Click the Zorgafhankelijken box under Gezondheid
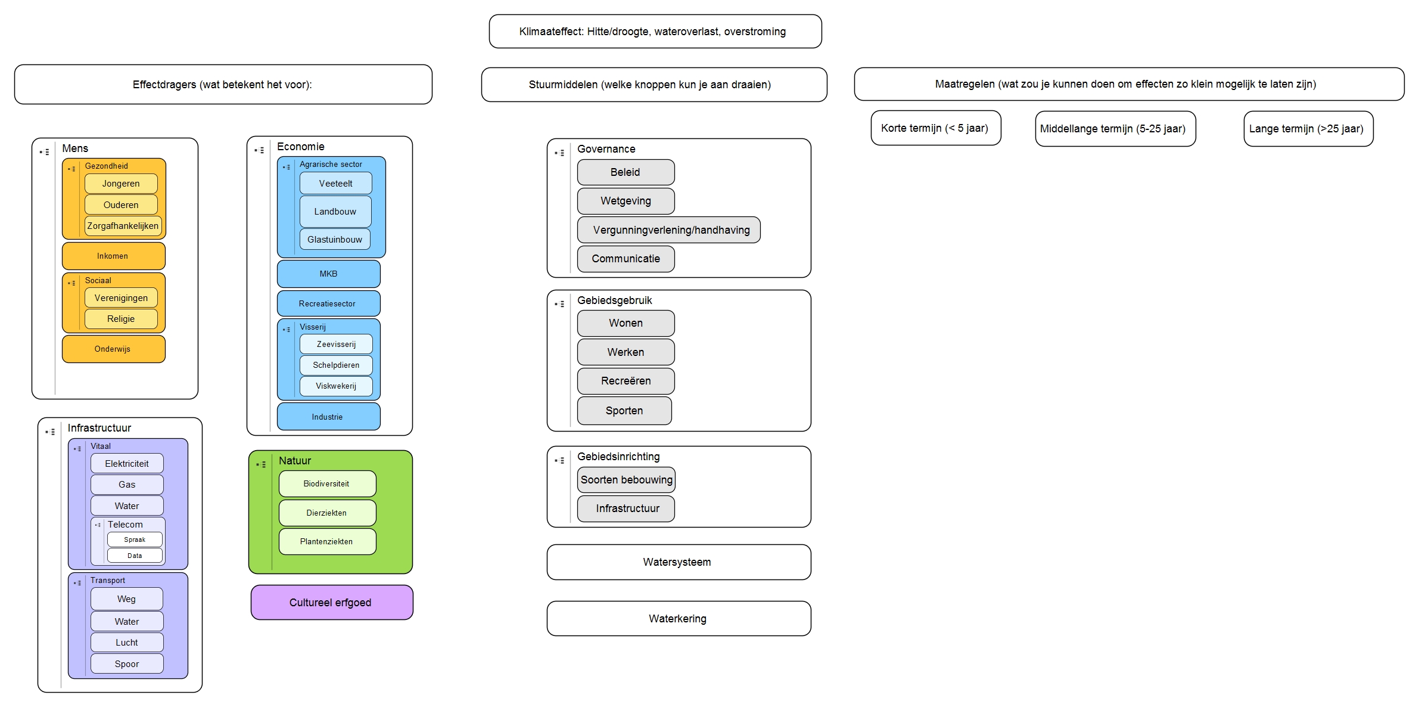point(123,226)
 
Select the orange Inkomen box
point(113,256)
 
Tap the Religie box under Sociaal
point(121,319)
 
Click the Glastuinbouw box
point(335,240)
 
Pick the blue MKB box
point(328,274)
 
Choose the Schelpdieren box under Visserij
point(336,365)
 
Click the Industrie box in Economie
point(328,417)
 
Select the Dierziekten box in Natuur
point(327,513)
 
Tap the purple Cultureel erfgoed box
point(331,602)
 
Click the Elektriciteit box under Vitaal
point(127,464)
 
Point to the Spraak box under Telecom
point(135,539)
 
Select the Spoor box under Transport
point(127,663)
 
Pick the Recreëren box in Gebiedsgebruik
point(626,381)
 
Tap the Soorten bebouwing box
point(626,480)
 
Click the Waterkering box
point(678,619)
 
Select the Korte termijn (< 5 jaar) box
point(935,128)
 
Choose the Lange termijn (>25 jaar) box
point(1308,129)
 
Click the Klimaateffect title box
point(655,32)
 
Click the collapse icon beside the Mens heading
point(45,152)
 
